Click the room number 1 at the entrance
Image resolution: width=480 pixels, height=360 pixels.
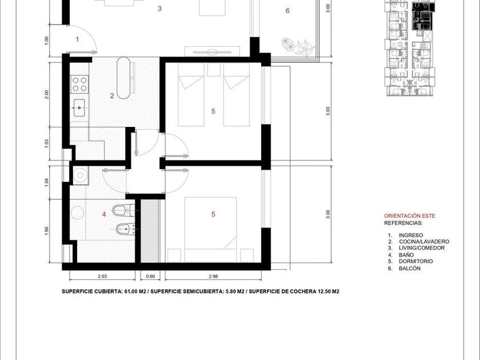78,39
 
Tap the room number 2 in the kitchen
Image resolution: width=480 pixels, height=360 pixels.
112,96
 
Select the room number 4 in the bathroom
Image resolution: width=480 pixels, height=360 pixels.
104,214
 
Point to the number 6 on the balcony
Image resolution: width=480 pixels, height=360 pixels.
287,11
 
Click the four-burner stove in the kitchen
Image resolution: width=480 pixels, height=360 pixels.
79,84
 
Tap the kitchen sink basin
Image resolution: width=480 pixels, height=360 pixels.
79,108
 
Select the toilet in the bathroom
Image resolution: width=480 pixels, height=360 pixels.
123,210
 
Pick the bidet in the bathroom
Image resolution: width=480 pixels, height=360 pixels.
125,229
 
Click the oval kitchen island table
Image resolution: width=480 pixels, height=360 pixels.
123,78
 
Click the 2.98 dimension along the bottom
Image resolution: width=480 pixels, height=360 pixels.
213,276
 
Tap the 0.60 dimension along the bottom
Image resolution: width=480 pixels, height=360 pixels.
150,276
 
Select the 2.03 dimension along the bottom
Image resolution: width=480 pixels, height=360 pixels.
102,276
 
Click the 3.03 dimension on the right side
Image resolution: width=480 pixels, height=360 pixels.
328,111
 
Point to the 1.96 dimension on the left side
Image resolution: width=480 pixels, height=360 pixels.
46,231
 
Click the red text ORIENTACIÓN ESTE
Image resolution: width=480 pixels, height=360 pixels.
410,216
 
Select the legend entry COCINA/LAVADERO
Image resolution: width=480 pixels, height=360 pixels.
424,242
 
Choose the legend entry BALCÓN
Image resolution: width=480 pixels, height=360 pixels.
410,269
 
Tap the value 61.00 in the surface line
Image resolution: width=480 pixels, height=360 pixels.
131,291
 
